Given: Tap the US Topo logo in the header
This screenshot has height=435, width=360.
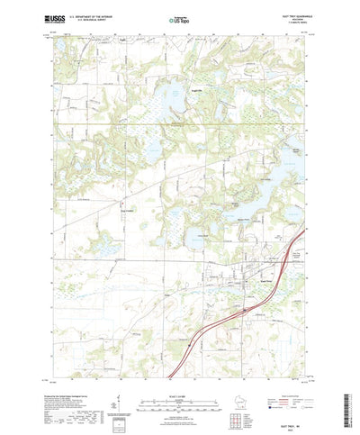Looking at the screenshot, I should click(x=179, y=17).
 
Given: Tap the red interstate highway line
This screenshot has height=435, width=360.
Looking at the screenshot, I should click(x=225, y=320).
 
